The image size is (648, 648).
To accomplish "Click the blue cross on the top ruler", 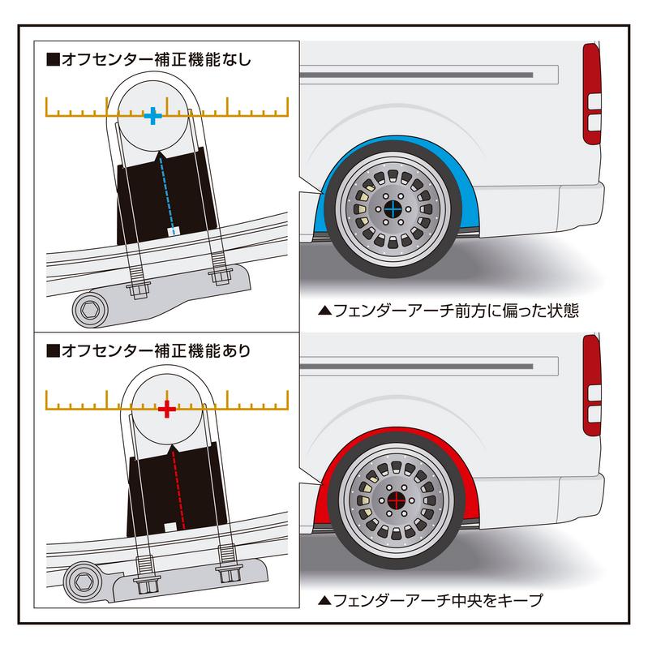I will [152, 117].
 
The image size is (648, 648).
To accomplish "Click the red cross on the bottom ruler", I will [166, 409].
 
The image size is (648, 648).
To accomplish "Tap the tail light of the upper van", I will [592, 94].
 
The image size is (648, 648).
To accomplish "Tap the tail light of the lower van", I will [592, 385].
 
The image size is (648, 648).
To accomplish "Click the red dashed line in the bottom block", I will [174, 487].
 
